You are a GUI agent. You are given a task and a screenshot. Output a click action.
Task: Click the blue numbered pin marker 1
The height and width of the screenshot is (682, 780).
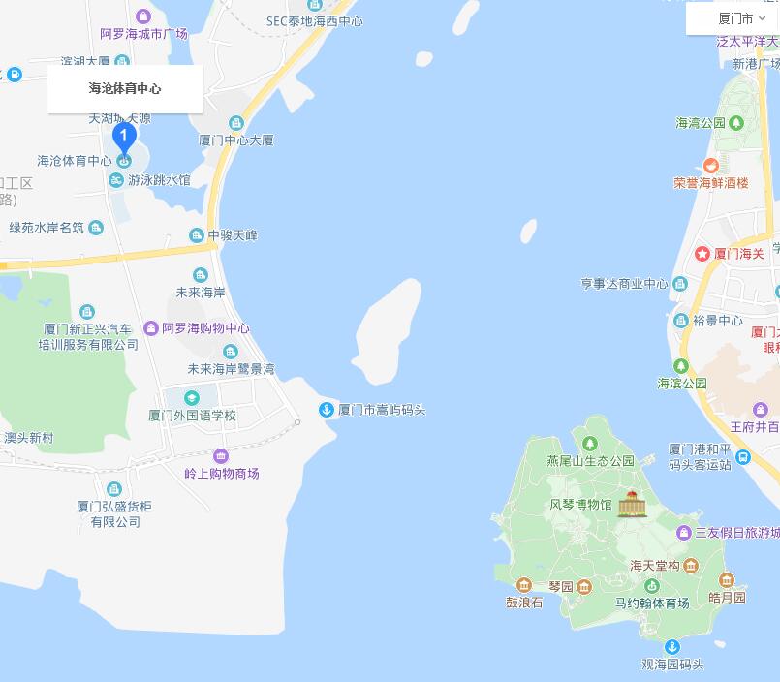pos(123,139)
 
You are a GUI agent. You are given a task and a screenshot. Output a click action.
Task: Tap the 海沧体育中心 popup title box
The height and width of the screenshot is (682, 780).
pos(125,88)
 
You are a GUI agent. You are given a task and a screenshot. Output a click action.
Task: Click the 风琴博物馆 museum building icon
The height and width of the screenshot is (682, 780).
pos(632,504)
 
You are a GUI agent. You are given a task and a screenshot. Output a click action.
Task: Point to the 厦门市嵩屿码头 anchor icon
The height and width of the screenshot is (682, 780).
pos(327,410)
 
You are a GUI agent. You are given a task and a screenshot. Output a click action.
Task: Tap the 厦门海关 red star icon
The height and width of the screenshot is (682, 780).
pos(702,254)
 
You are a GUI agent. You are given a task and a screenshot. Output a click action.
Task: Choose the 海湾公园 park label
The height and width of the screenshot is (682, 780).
pos(701,123)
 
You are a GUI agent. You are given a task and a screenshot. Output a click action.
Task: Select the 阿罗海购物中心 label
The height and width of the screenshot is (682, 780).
pos(205,328)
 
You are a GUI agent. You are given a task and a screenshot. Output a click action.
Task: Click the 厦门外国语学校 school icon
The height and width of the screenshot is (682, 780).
pos(192,398)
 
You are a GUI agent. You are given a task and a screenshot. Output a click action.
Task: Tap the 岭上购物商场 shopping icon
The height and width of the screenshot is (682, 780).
pos(221,456)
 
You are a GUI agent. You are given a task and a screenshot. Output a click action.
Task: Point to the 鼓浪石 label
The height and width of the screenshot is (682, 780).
pos(524,602)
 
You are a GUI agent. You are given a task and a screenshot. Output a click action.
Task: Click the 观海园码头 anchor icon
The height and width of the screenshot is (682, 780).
pos(671,647)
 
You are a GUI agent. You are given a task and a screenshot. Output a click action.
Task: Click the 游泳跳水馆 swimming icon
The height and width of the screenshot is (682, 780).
pos(116,180)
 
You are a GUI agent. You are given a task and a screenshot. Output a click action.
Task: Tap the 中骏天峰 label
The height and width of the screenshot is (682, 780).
pos(233,235)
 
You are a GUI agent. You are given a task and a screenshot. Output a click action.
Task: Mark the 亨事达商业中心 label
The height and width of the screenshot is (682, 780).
pos(624,284)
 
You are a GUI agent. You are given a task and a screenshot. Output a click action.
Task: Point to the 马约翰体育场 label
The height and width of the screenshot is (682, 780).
pos(652,603)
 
